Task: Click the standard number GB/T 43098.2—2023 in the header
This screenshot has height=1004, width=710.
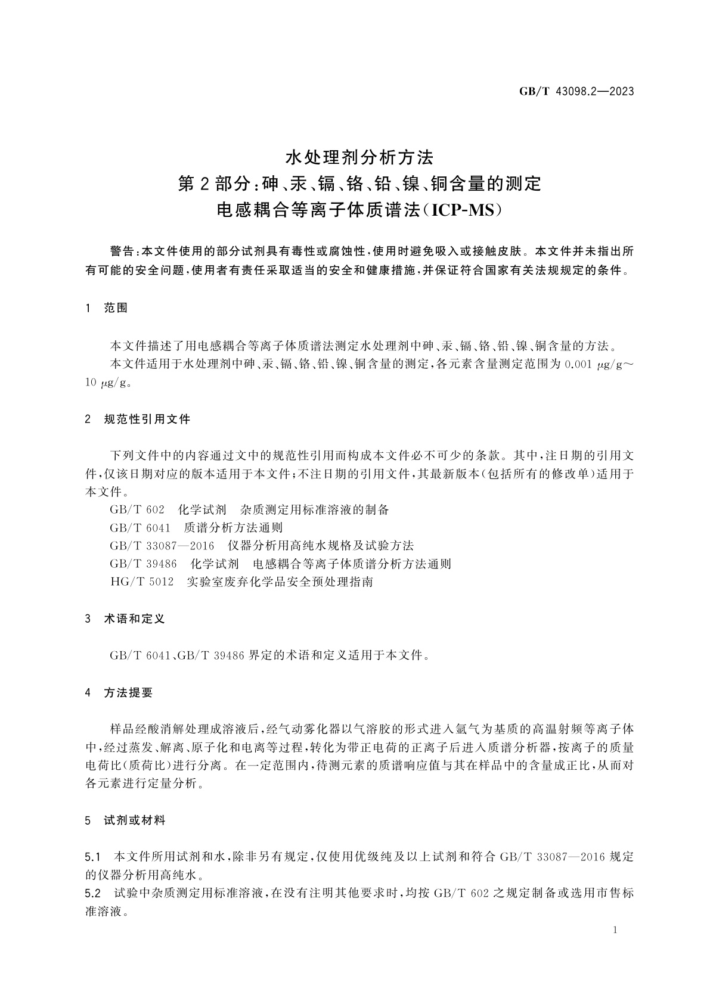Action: (575, 91)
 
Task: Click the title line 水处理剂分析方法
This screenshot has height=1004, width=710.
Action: (359, 157)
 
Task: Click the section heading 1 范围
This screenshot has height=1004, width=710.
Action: (107, 308)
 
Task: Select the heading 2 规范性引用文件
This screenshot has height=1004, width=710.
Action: (138, 419)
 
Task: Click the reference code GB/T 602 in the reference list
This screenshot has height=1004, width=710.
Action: (137, 510)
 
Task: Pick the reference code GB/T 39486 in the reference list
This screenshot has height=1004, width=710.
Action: (143, 564)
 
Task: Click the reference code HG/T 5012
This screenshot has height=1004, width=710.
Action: (142, 582)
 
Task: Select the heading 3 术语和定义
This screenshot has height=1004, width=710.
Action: (125, 619)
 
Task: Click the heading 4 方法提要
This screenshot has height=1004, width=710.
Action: (119, 692)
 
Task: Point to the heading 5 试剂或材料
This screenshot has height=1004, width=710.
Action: (125, 820)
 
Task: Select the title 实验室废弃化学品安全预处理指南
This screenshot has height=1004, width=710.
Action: (280, 582)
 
